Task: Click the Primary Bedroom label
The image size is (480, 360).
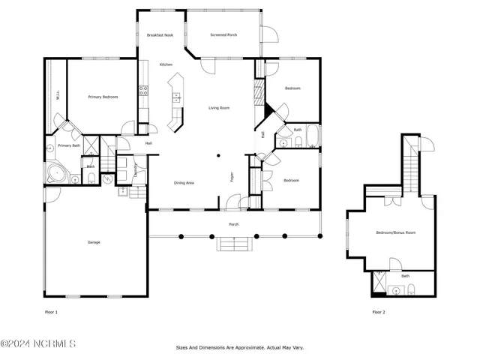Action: (x=103, y=97)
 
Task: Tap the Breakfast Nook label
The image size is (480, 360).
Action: (x=160, y=34)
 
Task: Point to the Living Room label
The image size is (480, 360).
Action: (x=219, y=108)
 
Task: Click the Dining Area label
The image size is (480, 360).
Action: (x=184, y=182)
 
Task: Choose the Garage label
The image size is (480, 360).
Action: (x=94, y=242)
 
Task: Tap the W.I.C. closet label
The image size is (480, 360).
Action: (x=57, y=95)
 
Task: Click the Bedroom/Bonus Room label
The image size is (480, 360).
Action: (x=395, y=233)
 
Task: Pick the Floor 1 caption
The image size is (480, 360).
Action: (x=51, y=311)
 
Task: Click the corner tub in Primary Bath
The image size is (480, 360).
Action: (x=58, y=175)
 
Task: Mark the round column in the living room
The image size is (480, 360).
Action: (x=218, y=156)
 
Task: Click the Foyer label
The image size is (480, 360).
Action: (x=232, y=178)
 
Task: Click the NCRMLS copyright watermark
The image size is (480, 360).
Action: (x=38, y=344)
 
